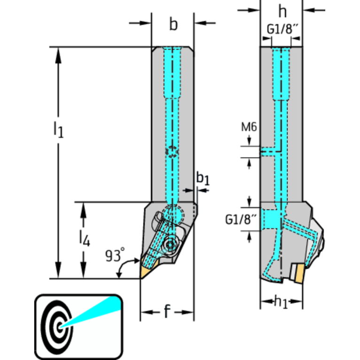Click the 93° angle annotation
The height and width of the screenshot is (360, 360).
click(x=115, y=256)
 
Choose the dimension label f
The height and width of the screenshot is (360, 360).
click(x=167, y=312)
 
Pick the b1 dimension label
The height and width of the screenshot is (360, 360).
click(x=202, y=178)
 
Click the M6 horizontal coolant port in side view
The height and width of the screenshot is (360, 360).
click(x=269, y=152)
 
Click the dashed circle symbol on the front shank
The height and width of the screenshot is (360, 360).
click(x=172, y=152)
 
